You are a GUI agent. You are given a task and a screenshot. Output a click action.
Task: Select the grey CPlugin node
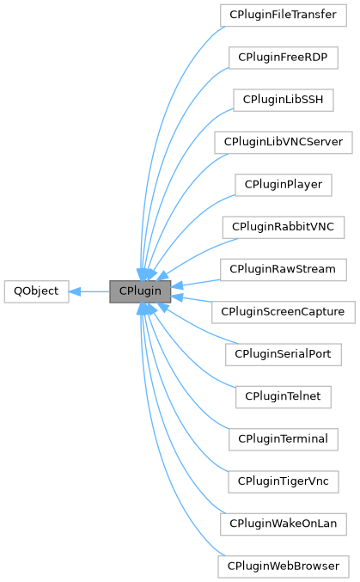(140, 291)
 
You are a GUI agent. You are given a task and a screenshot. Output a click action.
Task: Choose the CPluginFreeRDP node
(284, 57)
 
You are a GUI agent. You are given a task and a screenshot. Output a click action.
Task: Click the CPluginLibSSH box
(284, 99)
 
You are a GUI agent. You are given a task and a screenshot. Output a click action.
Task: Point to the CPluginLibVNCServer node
(284, 141)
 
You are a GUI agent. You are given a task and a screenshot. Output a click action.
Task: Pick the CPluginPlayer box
(284, 184)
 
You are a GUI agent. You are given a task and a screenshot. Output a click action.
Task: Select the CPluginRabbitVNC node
(284, 226)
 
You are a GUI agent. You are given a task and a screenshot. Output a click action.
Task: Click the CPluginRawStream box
(284, 269)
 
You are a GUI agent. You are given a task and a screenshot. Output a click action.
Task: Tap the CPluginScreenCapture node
(284, 311)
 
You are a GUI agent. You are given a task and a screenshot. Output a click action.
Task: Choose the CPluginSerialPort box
(284, 353)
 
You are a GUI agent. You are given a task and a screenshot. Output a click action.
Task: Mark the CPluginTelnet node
(284, 396)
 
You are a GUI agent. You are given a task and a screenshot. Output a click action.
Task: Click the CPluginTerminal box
(284, 438)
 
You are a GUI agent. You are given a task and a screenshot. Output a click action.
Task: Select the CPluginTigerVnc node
(284, 481)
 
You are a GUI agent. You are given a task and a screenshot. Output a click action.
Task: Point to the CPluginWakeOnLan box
(284, 524)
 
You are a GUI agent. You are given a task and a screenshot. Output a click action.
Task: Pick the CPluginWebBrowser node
(284, 566)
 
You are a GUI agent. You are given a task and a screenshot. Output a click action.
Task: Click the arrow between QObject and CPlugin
(90, 291)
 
